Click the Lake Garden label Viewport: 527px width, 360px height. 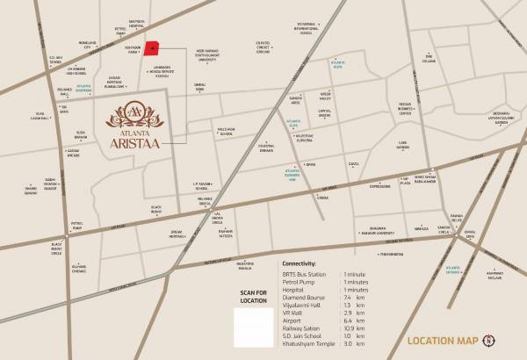[403, 144]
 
